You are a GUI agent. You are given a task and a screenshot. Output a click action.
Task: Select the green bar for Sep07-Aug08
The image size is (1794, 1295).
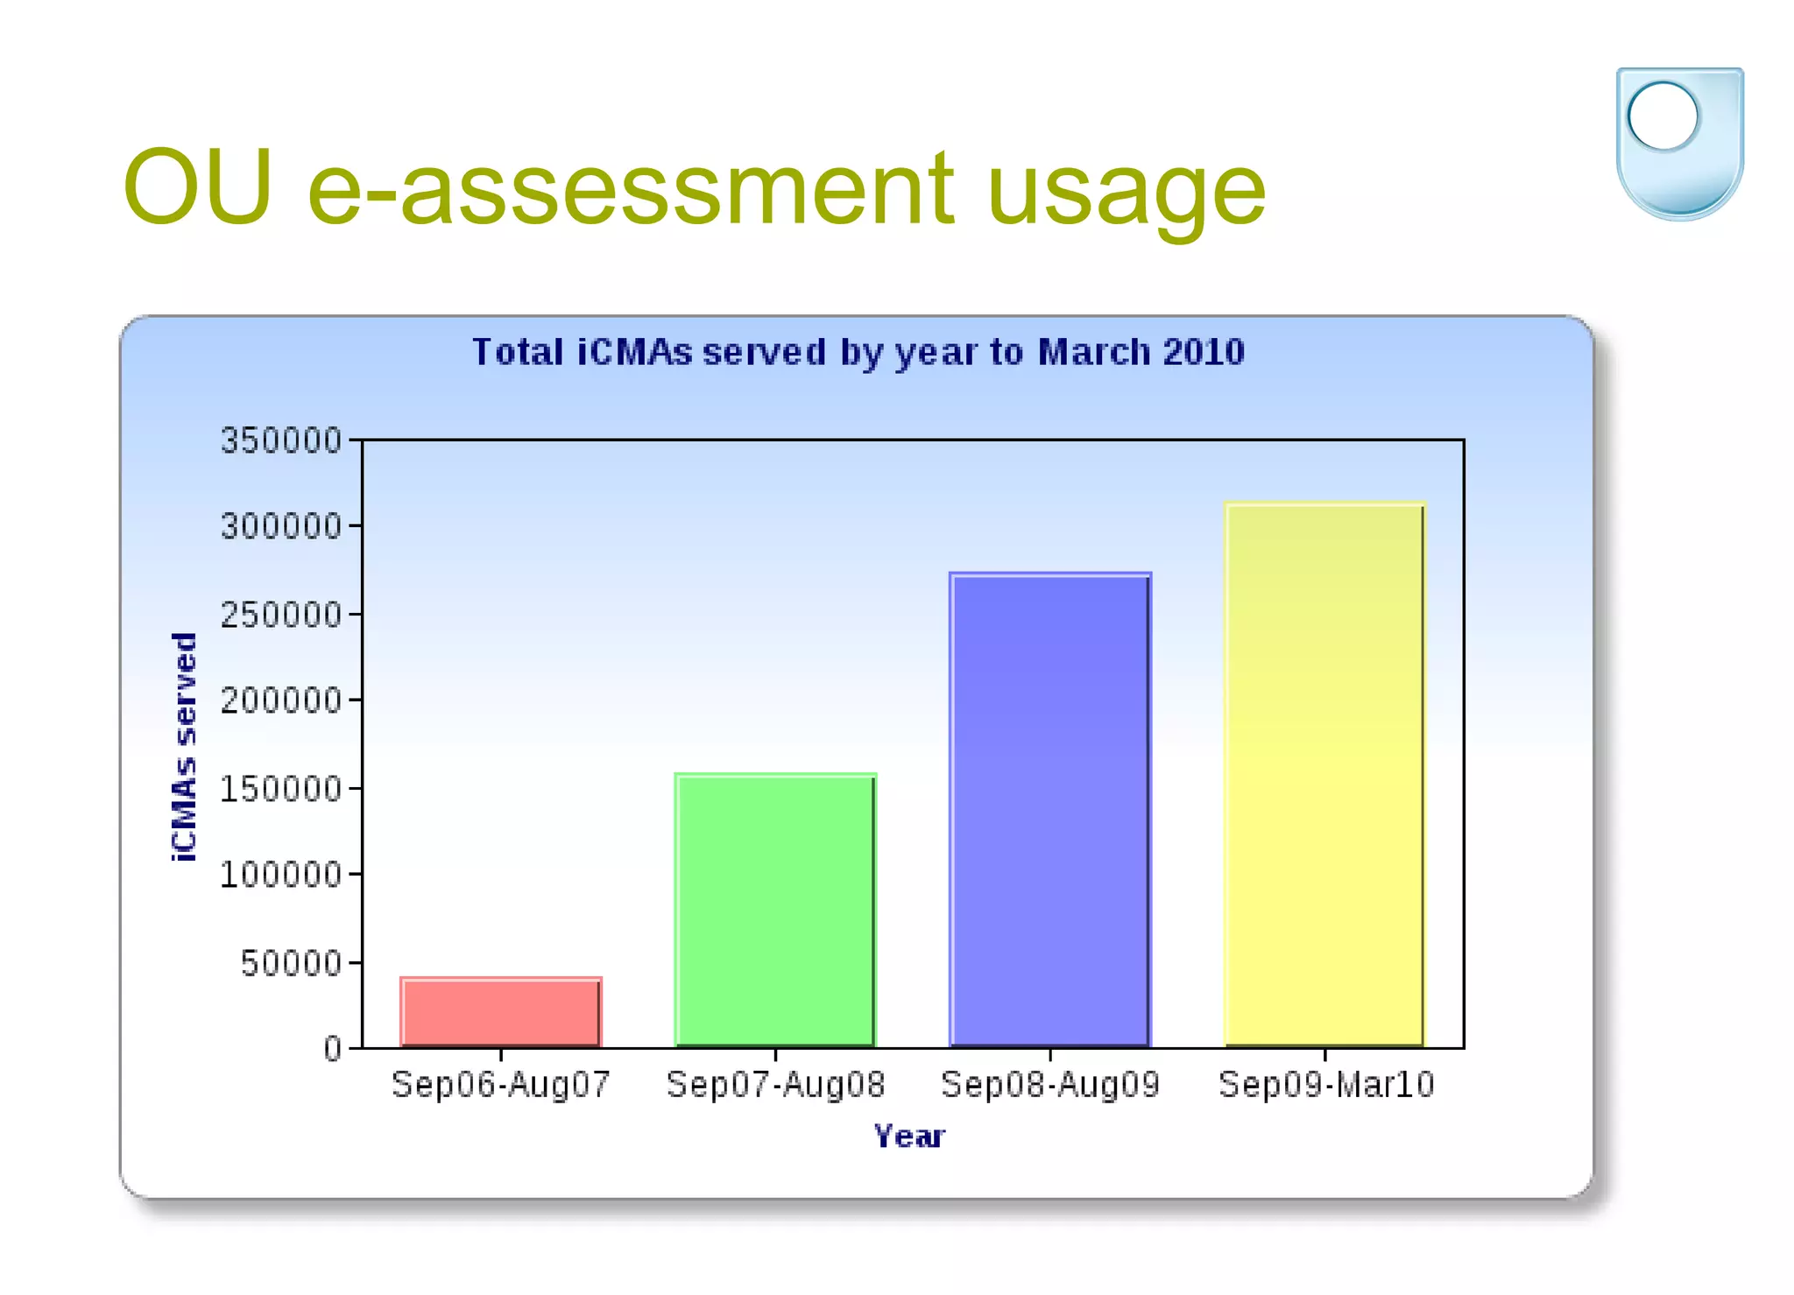[775, 911]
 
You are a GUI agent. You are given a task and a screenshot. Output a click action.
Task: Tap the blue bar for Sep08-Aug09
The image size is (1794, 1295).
[1050, 810]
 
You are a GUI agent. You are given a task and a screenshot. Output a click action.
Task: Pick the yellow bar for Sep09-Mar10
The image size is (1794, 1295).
[1324, 775]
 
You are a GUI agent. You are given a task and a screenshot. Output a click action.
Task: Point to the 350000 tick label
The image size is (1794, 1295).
[281, 440]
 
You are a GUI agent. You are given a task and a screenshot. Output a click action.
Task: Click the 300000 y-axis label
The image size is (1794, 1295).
[281, 526]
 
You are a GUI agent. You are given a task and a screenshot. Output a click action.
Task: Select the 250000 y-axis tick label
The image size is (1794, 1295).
[281, 615]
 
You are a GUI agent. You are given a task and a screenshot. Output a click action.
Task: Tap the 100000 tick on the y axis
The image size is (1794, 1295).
[281, 874]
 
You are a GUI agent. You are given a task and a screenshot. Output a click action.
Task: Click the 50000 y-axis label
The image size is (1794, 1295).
[292, 963]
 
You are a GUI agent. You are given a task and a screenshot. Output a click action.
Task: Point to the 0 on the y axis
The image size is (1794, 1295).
[333, 1048]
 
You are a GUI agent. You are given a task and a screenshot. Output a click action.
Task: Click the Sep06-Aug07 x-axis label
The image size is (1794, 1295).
[501, 1085]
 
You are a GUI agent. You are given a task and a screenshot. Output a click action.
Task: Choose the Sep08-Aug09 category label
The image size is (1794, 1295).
[1050, 1085]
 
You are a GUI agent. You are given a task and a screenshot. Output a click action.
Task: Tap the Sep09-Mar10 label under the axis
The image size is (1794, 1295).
[1326, 1085]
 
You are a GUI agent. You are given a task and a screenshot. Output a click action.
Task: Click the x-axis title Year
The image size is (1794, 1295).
[909, 1137]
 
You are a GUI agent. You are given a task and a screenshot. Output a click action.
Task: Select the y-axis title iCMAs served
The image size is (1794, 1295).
[184, 747]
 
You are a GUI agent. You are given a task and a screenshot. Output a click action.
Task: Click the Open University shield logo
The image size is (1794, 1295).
[1679, 143]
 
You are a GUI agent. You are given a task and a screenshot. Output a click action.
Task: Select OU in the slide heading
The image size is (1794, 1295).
[198, 187]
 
